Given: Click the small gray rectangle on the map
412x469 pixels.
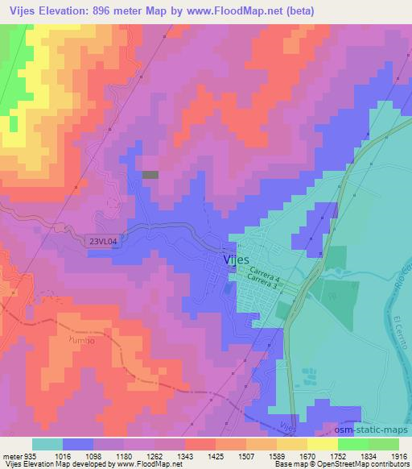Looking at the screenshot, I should pos(150,174).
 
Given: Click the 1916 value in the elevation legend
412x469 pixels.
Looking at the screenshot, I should pos(400,455).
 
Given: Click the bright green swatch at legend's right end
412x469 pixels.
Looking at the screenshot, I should pos(384,444).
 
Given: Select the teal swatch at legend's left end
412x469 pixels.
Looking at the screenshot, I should pos(47,444).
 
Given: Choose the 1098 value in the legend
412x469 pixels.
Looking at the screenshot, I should pos(102,455).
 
